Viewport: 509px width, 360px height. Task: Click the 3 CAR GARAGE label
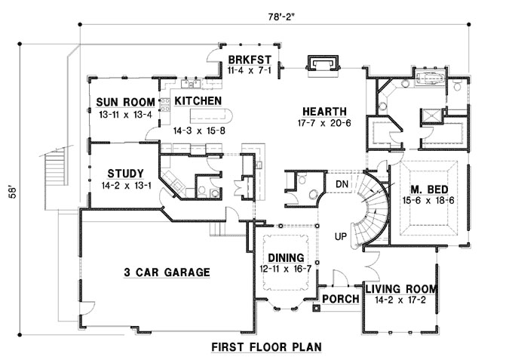(x=167, y=272)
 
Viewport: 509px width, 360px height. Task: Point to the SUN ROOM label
(x=125, y=103)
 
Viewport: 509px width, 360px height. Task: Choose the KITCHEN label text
(x=198, y=100)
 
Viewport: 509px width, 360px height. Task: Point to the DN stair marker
(x=342, y=184)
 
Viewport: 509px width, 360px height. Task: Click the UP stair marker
(x=342, y=236)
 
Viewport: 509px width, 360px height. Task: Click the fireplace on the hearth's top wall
(x=323, y=63)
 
